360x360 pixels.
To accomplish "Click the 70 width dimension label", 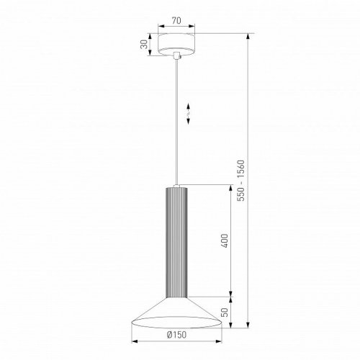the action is click(x=176, y=21).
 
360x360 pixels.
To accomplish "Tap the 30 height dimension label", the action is click(x=144, y=45).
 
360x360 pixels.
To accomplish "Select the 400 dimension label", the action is click(x=225, y=240).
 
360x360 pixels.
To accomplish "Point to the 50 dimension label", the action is click(x=225, y=312).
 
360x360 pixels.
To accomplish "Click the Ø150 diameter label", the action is click(x=176, y=335).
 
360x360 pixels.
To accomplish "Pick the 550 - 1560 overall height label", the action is click(x=240, y=181).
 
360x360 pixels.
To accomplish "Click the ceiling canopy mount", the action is click(x=176, y=44).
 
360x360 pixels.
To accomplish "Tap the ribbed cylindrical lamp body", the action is click(x=176, y=243).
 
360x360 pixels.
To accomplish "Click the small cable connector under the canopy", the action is click(x=176, y=55).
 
